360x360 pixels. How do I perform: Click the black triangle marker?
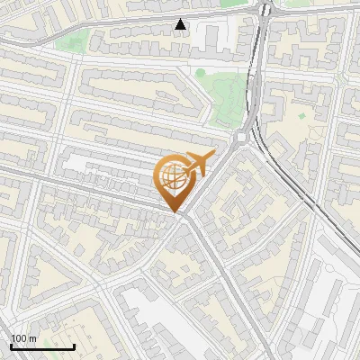click(x=181, y=24)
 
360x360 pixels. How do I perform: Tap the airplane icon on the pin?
click(x=197, y=165)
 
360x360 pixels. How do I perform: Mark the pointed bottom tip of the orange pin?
click(x=174, y=212)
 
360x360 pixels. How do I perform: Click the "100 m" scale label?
click(x=22, y=338)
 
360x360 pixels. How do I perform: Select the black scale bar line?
click(x=42, y=346)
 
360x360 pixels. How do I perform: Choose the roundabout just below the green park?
click(x=242, y=137)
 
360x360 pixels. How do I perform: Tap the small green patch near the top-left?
click(x=80, y=40)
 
